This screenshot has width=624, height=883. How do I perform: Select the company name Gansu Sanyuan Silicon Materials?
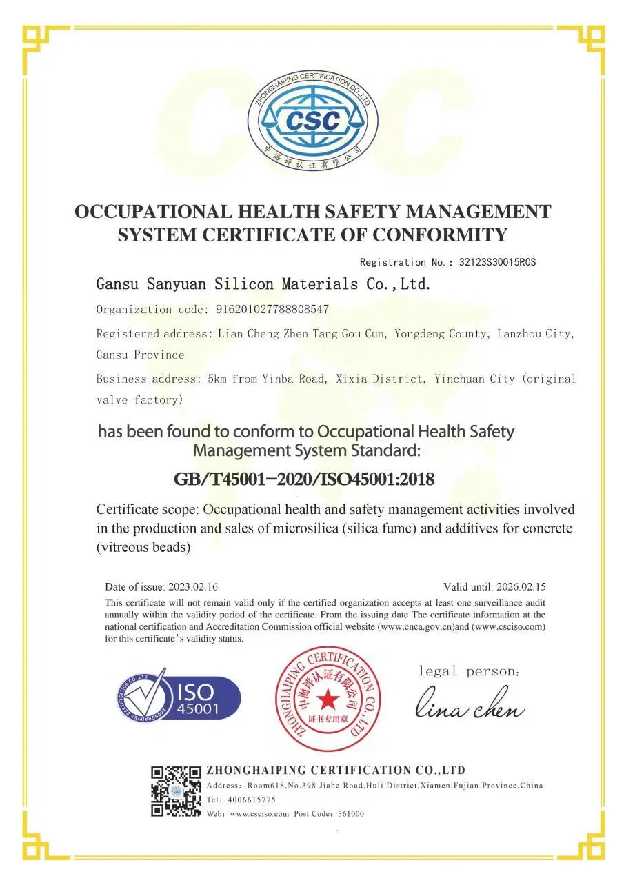[263, 284]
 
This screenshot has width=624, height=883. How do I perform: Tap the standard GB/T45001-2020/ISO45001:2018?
[303, 479]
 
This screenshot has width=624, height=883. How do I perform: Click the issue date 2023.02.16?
[193, 587]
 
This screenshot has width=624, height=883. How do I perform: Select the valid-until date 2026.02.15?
[521, 587]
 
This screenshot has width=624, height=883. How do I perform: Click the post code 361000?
[350, 814]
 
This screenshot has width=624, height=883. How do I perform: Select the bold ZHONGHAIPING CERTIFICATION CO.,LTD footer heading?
[336, 770]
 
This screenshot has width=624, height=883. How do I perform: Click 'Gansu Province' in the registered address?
[140, 355]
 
